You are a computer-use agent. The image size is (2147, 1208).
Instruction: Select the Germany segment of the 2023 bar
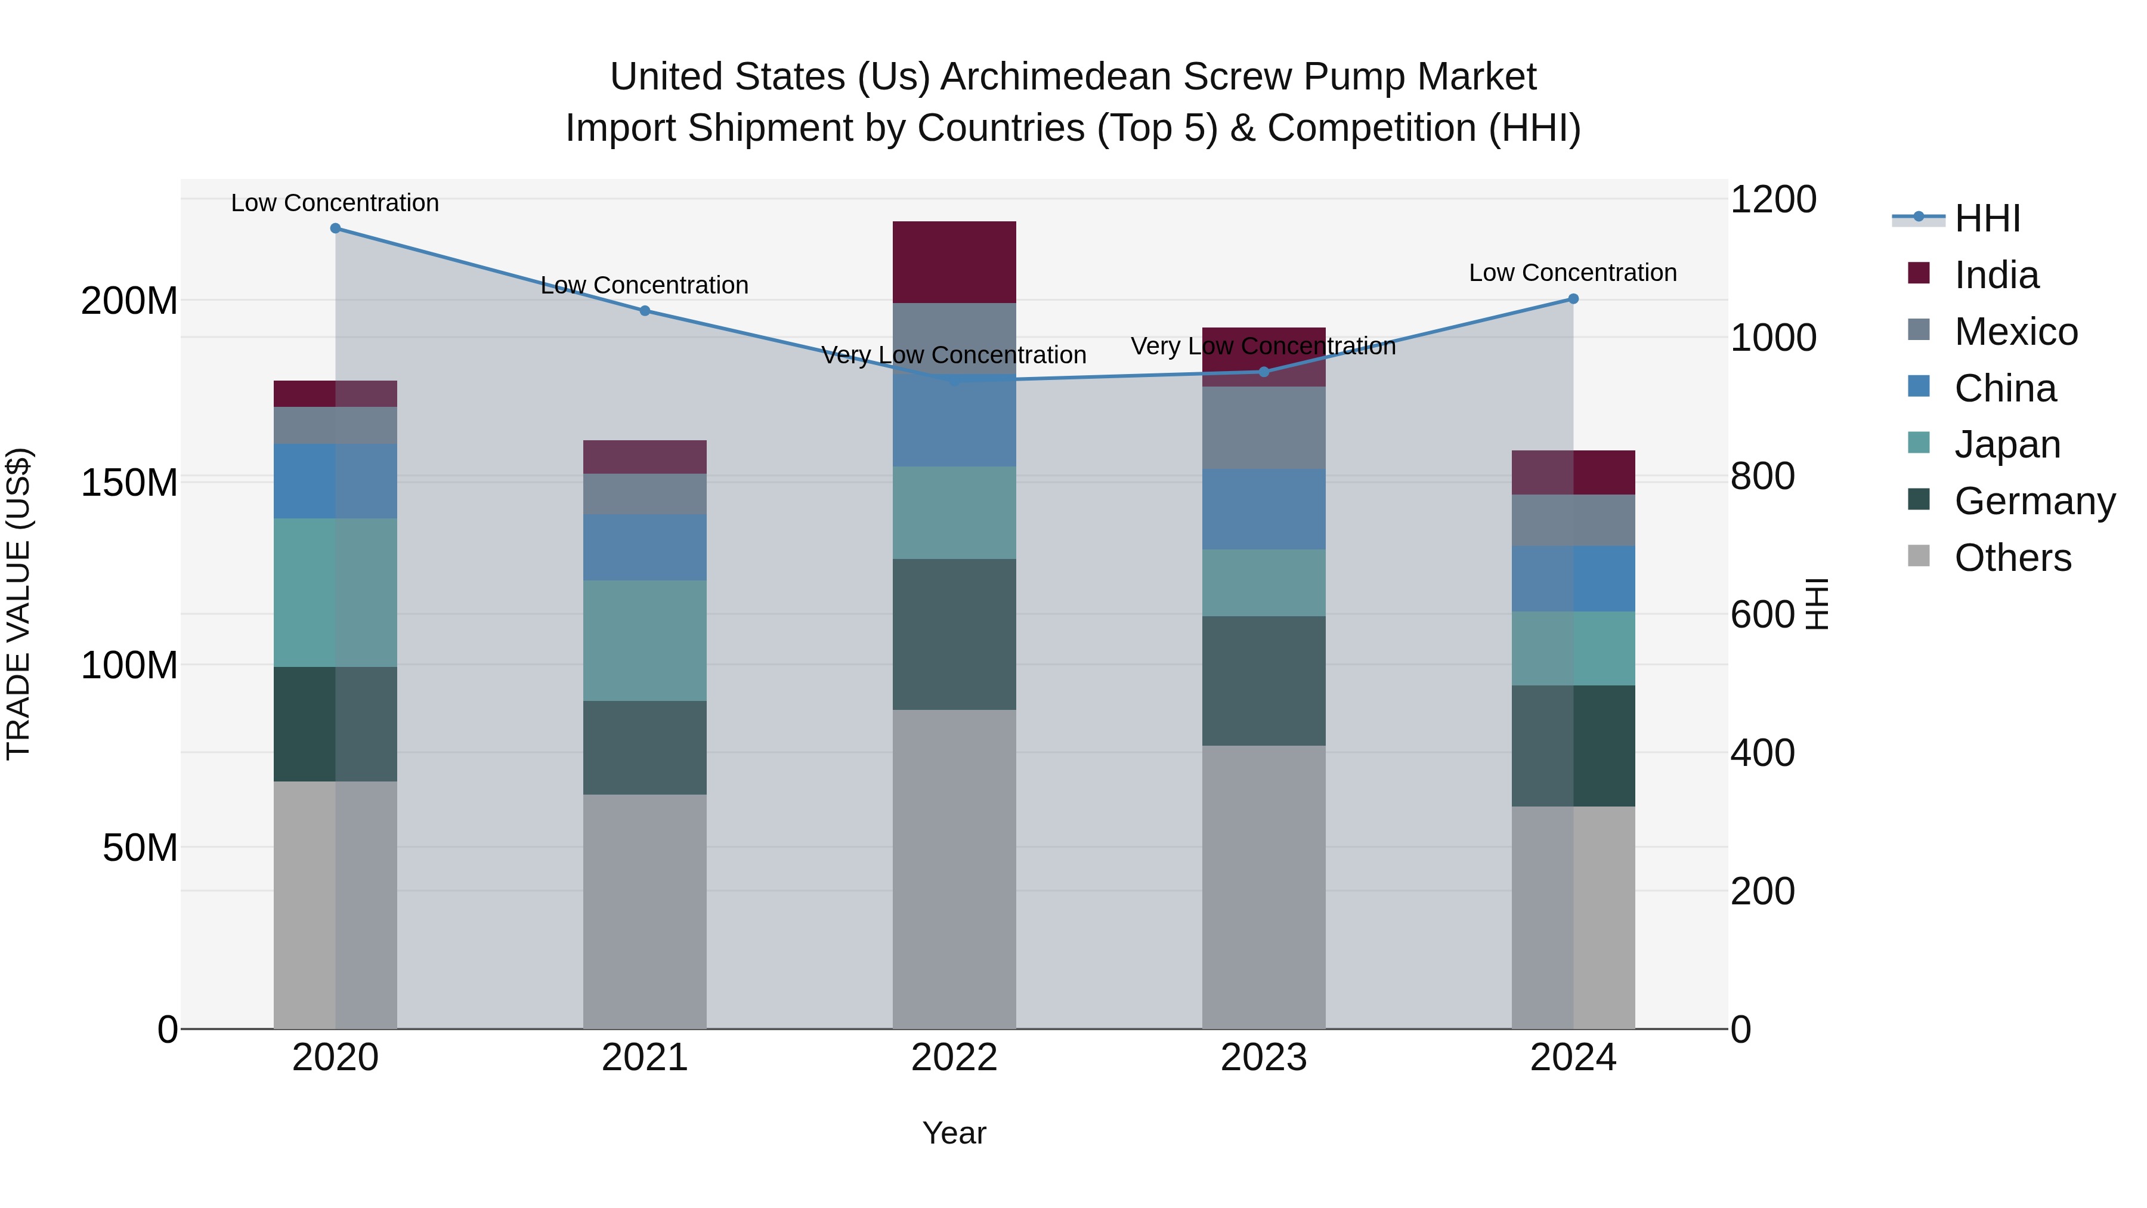(1264, 680)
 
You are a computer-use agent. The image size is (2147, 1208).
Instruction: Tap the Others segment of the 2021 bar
(644, 910)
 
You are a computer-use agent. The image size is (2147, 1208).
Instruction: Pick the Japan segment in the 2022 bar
(954, 512)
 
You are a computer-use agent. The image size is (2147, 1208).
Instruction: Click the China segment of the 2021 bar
(644, 547)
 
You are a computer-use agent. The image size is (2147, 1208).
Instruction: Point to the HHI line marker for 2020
(335, 228)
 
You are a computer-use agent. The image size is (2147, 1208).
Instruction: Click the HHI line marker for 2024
(1573, 298)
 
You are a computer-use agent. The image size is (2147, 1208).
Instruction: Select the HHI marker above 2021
(644, 311)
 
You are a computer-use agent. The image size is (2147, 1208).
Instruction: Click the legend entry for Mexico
(2015, 332)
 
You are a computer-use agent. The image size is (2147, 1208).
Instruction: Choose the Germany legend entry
(2034, 501)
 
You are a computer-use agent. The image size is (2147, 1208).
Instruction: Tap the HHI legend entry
(1987, 218)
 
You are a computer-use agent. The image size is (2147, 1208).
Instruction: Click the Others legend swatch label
(2012, 558)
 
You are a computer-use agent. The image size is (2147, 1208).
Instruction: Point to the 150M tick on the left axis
(129, 483)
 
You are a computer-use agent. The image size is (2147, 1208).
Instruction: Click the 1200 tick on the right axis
(1773, 200)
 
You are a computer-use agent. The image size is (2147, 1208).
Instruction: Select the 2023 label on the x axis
(1264, 1058)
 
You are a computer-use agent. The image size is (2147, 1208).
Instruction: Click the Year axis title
(954, 1133)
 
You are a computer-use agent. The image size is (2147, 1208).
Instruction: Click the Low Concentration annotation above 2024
(1573, 273)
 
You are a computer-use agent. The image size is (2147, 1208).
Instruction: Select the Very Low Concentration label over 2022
(954, 355)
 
